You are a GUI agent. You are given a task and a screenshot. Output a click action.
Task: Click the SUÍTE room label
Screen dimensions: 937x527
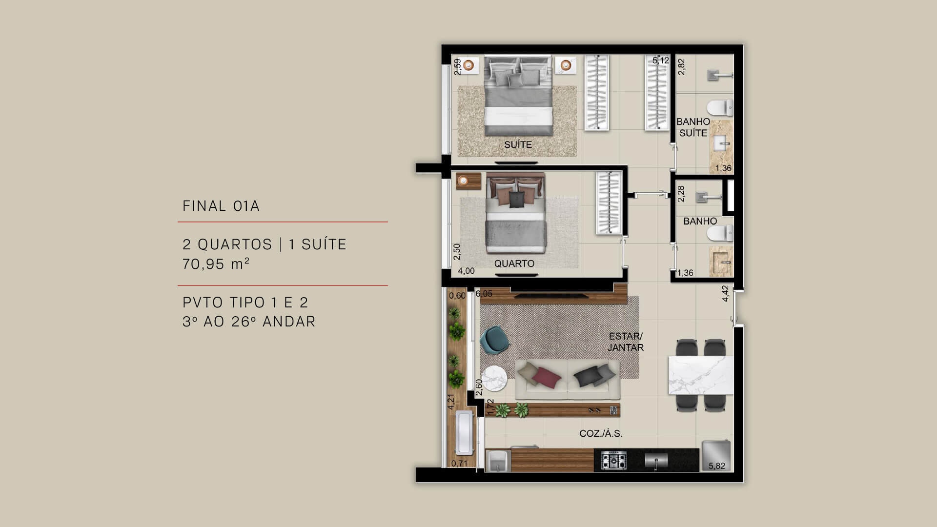(518, 144)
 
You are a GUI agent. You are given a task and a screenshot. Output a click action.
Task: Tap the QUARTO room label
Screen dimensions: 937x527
(514, 263)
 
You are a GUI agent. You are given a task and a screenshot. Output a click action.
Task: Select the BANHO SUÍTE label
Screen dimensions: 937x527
(693, 127)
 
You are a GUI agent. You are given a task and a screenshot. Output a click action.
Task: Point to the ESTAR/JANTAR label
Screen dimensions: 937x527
(625, 342)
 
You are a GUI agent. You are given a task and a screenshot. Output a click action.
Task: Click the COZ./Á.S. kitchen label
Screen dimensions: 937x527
(601, 433)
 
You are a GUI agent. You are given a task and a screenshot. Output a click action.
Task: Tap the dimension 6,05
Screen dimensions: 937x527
(484, 294)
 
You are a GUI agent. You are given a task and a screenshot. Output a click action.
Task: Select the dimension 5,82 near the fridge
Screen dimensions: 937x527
(716, 466)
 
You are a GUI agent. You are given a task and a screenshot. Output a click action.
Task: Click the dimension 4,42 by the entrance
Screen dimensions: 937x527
(725, 294)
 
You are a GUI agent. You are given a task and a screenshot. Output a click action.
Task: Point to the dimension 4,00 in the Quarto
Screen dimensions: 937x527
(466, 271)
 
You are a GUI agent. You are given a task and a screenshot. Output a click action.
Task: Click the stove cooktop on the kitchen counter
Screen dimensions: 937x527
(613, 460)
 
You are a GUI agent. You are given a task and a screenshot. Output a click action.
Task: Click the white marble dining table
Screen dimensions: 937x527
(700, 375)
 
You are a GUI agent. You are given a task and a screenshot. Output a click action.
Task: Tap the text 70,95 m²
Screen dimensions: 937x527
(216, 264)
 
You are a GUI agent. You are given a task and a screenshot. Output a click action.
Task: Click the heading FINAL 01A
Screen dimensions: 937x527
(221, 206)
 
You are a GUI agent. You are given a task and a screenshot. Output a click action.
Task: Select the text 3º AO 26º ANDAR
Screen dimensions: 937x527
(249, 322)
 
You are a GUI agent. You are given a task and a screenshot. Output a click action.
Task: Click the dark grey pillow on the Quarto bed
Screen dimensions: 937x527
(516, 199)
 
